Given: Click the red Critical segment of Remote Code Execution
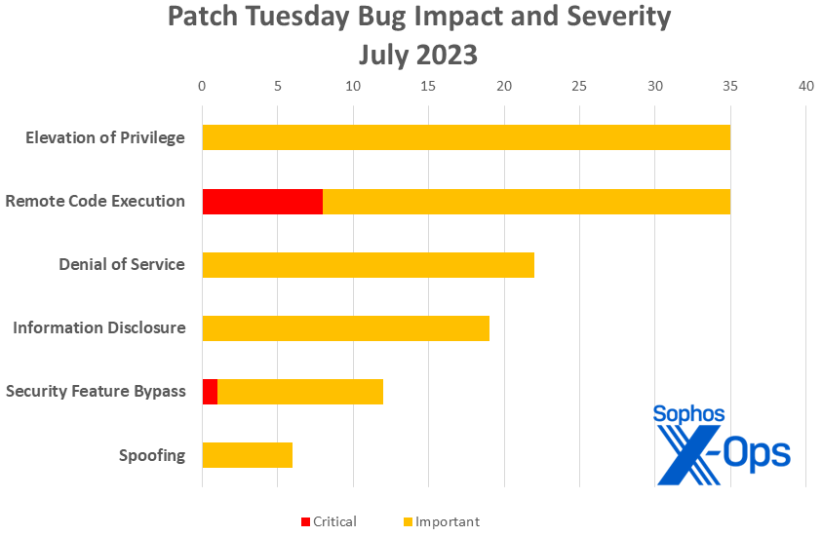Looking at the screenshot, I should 262,201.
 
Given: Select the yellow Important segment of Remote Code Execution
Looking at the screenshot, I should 527,201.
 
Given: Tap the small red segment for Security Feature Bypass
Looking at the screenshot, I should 210,391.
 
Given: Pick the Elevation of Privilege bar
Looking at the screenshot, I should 466,137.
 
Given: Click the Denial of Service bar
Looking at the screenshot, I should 368,264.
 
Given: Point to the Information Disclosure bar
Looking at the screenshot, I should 345,327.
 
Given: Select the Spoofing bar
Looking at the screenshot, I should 247,454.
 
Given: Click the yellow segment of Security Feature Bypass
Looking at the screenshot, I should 300,391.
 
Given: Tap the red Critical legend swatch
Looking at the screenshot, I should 305,521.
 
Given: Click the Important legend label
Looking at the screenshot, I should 448,521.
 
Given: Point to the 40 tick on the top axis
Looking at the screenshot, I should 805,86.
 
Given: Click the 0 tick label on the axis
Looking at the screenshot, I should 202,86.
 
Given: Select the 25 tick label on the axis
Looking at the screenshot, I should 579,86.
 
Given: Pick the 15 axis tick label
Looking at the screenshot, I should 428,86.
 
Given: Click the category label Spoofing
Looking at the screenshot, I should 152,454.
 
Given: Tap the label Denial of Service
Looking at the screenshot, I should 122,264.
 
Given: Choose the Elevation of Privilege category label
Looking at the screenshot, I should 105,137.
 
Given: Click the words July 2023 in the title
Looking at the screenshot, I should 418,55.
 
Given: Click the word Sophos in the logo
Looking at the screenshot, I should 688,413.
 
